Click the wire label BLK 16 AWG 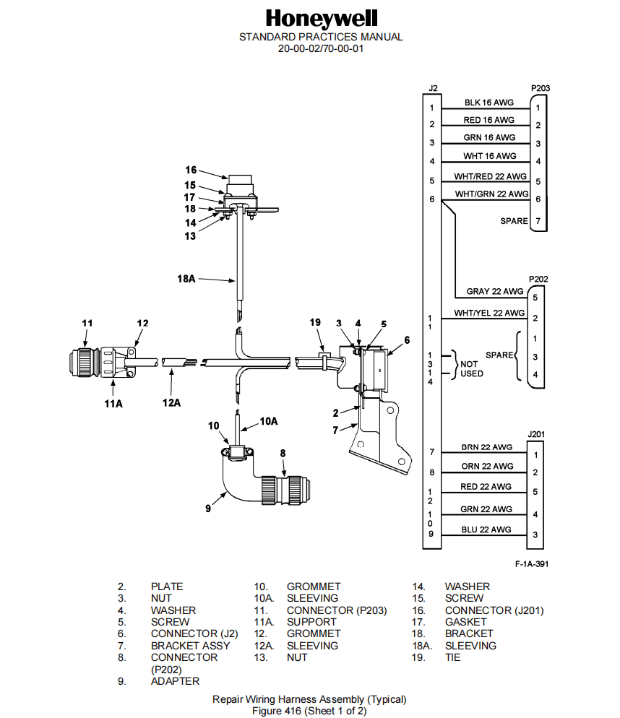(x=488, y=103)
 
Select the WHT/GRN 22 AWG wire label (x=491, y=194)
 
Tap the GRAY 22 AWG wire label (x=494, y=291)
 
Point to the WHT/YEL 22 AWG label (x=489, y=313)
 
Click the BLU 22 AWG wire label (x=486, y=529)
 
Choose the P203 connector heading (x=540, y=88)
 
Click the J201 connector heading (x=535, y=434)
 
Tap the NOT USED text (x=472, y=369)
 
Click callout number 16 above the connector (x=191, y=170)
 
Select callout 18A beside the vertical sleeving (x=186, y=278)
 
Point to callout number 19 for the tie (x=315, y=323)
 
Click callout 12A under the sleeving (x=171, y=402)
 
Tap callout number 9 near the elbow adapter (x=208, y=509)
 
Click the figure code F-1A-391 (x=531, y=563)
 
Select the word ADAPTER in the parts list (x=175, y=681)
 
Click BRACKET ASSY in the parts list (x=190, y=646)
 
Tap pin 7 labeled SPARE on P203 (x=538, y=220)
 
